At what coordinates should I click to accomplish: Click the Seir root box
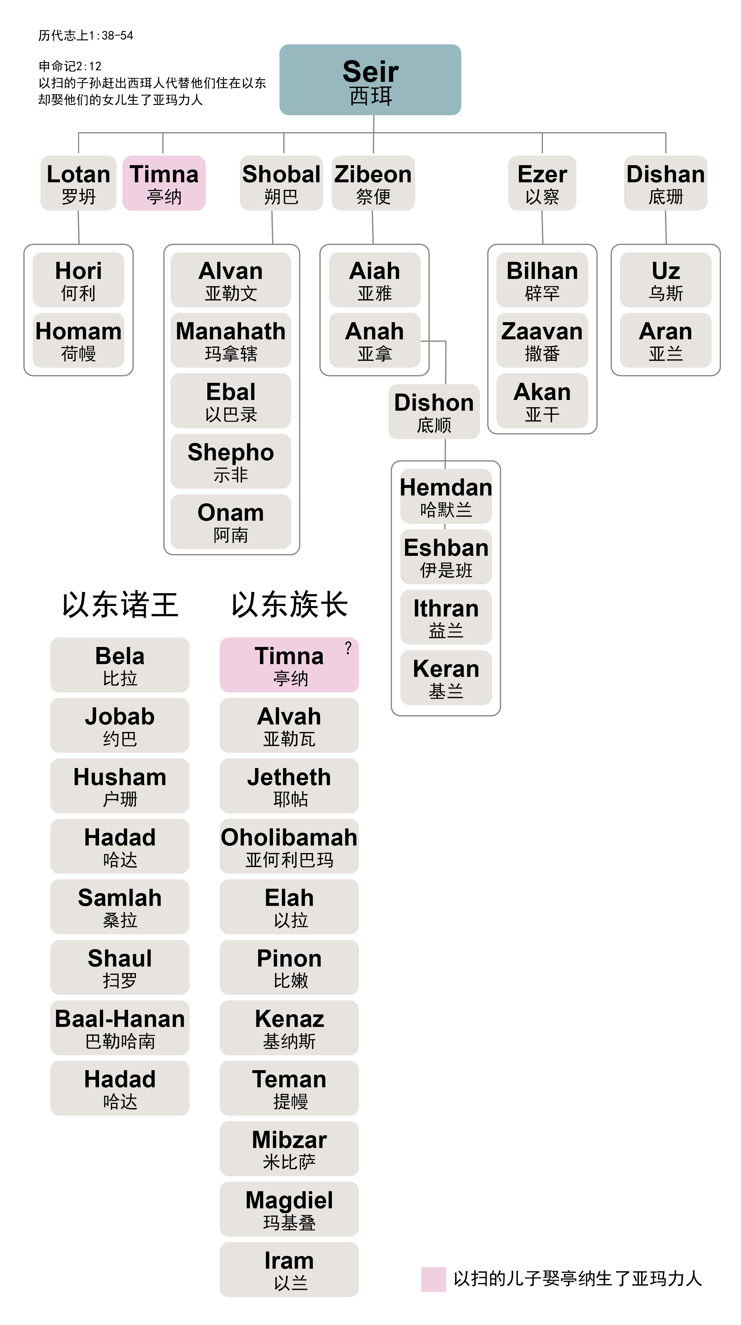370,80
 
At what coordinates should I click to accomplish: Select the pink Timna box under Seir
164,183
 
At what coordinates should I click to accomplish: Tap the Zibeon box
373,183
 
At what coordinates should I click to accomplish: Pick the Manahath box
231,340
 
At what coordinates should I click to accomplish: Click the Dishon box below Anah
434,412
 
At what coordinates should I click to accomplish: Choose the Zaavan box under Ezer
542,340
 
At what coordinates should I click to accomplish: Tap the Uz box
665,280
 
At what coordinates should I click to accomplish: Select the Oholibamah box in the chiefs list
289,846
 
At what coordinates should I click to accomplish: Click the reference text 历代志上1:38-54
85,35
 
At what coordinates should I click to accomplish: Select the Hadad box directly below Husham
120,846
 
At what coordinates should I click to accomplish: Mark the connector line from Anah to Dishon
445,360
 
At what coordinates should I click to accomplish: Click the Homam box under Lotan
78,340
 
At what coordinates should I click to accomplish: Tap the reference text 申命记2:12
70,66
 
